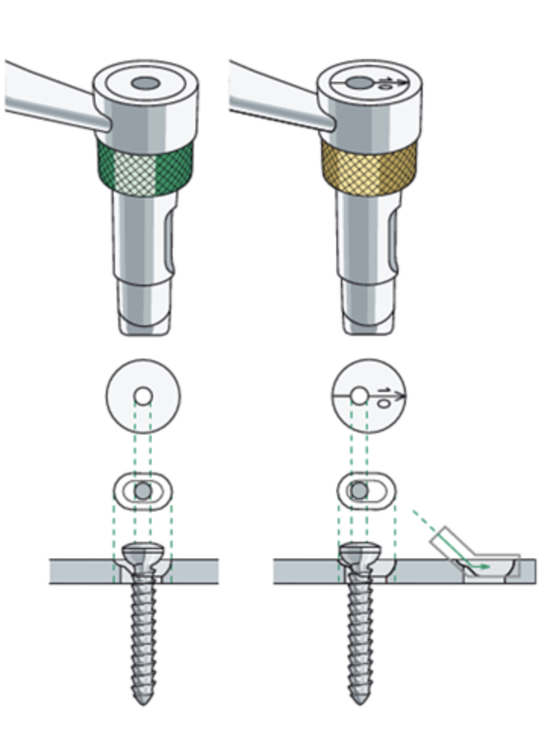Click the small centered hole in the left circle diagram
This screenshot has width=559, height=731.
pos(142,395)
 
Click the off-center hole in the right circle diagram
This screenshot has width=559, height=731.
pos(360,394)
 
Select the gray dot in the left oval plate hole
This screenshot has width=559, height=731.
pos(142,491)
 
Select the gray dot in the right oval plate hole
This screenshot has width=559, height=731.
pos(360,491)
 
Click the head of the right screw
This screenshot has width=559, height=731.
pos(358,555)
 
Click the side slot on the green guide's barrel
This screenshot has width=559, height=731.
pos(170,242)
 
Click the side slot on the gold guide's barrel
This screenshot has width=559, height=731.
pos(394,242)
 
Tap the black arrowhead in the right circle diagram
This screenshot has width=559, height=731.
pos(402,394)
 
